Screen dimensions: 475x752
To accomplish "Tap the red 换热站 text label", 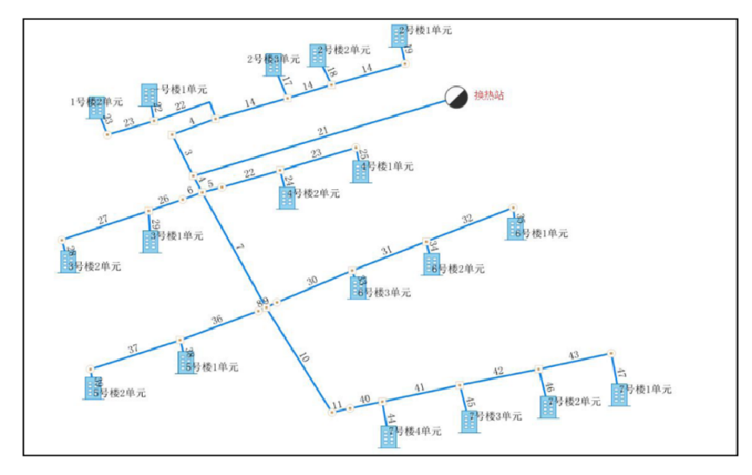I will tap(488, 96).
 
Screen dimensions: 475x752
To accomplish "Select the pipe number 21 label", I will tap(323, 132).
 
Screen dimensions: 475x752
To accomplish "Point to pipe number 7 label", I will tap(240, 249).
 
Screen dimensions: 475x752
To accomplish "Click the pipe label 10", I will tap(303, 357).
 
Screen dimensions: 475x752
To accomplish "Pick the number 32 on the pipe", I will tap(467, 219).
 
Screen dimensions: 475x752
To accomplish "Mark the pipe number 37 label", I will tap(132, 349).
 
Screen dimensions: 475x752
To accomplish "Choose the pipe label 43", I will tap(573, 356).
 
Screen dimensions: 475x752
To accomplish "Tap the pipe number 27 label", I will tap(103, 220).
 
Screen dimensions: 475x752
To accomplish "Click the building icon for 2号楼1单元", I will tap(399, 35).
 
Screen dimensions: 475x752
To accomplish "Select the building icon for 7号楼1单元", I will tap(619, 394).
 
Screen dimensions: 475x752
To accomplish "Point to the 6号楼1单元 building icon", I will tap(517, 228).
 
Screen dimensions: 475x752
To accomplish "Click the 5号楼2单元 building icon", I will tap(92, 388).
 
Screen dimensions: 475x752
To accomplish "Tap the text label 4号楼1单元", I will tap(390, 166).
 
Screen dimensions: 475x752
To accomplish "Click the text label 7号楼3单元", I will tap(498, 417).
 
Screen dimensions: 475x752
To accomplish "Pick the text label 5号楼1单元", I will tap(214, 367).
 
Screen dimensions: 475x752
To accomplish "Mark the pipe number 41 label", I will tap(420, 387).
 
